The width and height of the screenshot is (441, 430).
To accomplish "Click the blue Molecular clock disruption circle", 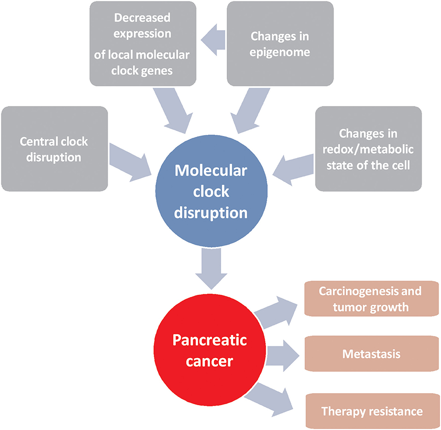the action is [211, 191].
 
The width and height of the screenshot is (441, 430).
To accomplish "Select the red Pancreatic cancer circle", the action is [210, 350].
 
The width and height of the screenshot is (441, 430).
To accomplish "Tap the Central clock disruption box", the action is [54, 149].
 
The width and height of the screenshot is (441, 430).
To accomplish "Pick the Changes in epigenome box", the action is [280, 44].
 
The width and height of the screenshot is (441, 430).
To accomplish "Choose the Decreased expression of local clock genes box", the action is [143, 44].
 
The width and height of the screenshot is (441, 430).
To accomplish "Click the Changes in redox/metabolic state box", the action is [369, 149].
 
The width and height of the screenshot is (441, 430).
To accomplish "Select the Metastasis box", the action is [371, 353].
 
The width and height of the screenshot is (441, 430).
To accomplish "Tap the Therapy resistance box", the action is [372, 411].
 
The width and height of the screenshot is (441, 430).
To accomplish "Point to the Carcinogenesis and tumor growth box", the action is [371, 299].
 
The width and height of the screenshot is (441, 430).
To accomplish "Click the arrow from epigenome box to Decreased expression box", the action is [213, 40].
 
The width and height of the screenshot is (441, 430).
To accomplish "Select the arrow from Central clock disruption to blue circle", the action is [130, 163].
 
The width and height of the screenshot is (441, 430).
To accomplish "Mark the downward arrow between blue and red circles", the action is [211, 269].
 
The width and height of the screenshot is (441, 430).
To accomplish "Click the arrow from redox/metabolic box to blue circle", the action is [293, 170].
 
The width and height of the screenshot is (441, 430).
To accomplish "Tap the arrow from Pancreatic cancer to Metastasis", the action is [282, 356].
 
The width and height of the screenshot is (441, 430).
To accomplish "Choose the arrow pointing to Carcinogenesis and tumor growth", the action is [276, 312].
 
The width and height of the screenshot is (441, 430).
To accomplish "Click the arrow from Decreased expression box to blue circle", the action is [173, 111].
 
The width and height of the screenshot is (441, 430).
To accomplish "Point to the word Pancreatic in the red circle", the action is [210, 340].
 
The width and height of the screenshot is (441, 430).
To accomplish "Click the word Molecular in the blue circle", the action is [211, 171].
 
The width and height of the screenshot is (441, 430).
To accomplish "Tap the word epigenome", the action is [280, 53].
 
